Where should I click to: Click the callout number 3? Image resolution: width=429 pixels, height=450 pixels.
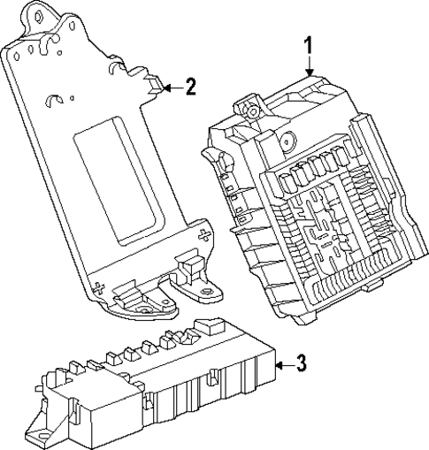point(301,362)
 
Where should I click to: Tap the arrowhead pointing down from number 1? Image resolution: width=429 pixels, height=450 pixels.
point(309,72)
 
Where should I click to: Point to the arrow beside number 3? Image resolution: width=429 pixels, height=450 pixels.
point(280,362)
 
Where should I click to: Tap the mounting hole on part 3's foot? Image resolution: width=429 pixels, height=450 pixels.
point(39,436)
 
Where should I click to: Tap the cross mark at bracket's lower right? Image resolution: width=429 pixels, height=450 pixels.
point(205,234)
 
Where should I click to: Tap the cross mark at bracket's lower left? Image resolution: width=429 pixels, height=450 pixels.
point(100,286)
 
